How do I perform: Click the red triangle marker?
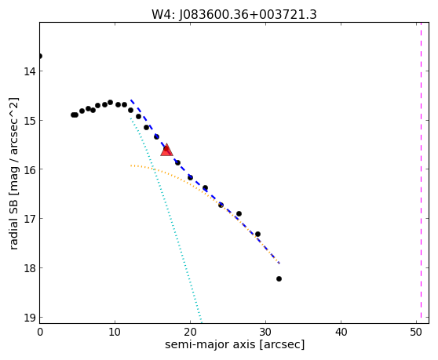pos(166,150)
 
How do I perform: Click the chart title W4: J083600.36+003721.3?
pos(234,14)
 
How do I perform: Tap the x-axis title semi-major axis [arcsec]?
pos(235,344)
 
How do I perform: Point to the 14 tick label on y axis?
pos(30,71)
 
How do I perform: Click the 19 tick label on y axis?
pos(30,318)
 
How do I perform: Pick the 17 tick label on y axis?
pos(30,219)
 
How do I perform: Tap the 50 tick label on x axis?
pos(416,332)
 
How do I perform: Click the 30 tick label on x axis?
pos(265,332)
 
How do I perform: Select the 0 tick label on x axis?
pos(40,332)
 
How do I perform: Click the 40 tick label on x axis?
pos(341,332)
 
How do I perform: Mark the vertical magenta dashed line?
pos(421,173)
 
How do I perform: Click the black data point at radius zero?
pos(40,56)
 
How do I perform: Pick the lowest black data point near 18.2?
pos(279,278)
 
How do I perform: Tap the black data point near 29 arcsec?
pos(257,235)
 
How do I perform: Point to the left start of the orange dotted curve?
pos(131,165)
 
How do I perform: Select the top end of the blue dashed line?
pos(131,100)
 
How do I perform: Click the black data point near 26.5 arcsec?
pos(239,214)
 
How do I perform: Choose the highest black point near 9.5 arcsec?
pos(111,103)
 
